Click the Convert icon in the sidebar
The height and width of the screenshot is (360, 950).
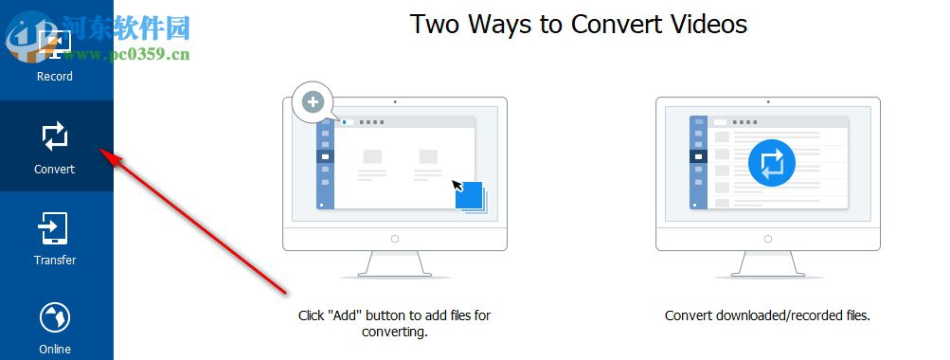pyautogui.click(x=55, y=136)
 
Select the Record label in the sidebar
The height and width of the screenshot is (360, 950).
pyautogui.click(x=55, y=77)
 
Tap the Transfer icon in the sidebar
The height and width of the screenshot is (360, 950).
pyautogui.click(x=53, y=228)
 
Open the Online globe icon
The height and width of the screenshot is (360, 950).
pyautogui.click(x=55, y=318)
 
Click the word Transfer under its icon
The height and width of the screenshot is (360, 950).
pyautogui.click(x=55, y=260)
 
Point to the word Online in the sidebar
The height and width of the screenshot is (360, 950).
pyautogui.click(x=55, y=349)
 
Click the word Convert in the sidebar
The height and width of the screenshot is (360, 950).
pyautogui.click(x=55, y=169)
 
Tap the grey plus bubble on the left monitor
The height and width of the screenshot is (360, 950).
pyautogui.click(x=314, y=101)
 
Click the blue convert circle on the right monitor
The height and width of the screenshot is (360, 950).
pyautogui.click(x=771, y=163)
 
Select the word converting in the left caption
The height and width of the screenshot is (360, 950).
pyautogui.click(x=395, y=333)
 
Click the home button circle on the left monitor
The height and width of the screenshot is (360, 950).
pyautogui.click(x=394, y=239)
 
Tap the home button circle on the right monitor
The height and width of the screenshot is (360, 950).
pyautogui.click(x=768, y=239)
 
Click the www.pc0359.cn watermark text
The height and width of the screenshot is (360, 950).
pyautogui.click(x=125, y=55)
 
